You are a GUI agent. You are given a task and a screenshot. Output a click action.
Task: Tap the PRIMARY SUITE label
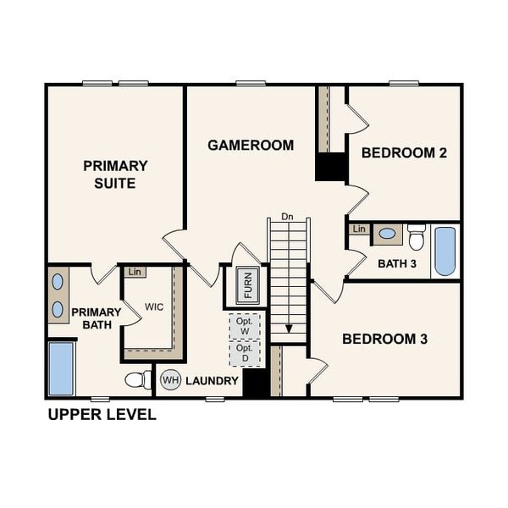click(115, 174)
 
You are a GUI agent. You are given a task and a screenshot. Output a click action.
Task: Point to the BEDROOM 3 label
click(384, 339)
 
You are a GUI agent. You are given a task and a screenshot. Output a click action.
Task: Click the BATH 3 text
click(396, 263)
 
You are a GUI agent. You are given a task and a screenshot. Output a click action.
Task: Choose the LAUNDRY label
click(212, 381)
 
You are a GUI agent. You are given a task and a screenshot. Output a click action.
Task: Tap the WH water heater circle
click(170, 380)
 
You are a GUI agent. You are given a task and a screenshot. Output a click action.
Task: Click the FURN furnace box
click(247, 284)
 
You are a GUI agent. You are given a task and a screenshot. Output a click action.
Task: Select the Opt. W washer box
click(245, 326)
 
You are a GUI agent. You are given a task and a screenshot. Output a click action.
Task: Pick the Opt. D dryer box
click(245, 353)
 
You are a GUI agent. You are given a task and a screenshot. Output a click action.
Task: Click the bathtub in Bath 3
click(444, 251)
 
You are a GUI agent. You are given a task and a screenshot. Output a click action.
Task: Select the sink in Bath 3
click(387, 233)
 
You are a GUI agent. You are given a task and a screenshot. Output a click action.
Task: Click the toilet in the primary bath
click(138, 379)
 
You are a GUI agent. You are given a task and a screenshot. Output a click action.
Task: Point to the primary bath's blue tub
click(61, 368)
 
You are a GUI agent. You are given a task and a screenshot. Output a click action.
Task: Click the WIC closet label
click(154, 306)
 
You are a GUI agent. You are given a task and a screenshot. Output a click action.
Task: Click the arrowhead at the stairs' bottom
click(289, 329)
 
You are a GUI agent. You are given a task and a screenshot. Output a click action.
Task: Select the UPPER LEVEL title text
click(102, 415)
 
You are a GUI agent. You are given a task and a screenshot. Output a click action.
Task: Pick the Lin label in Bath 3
click(359, 229)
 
